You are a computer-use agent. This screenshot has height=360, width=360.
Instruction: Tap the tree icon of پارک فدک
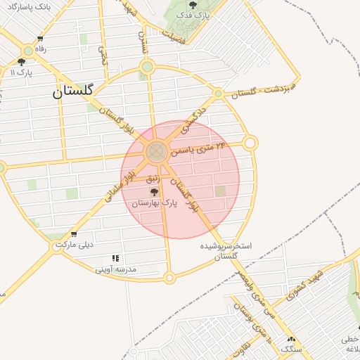[x=193, y=5]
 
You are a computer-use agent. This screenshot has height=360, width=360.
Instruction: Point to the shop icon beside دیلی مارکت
[x=74, y=235]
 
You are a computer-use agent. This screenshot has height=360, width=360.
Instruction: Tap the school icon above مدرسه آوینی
[x=115, y=259]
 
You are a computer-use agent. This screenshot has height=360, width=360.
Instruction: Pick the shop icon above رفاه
[x=40, y=39]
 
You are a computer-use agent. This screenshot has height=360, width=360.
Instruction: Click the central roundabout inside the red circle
[x=156, y=151]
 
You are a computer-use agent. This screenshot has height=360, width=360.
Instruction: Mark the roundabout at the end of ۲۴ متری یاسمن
[x=250, y=143]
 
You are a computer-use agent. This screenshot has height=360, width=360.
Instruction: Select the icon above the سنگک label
[x=290, y=339]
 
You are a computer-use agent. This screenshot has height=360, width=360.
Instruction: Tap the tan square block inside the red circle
[x=221, y=191]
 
